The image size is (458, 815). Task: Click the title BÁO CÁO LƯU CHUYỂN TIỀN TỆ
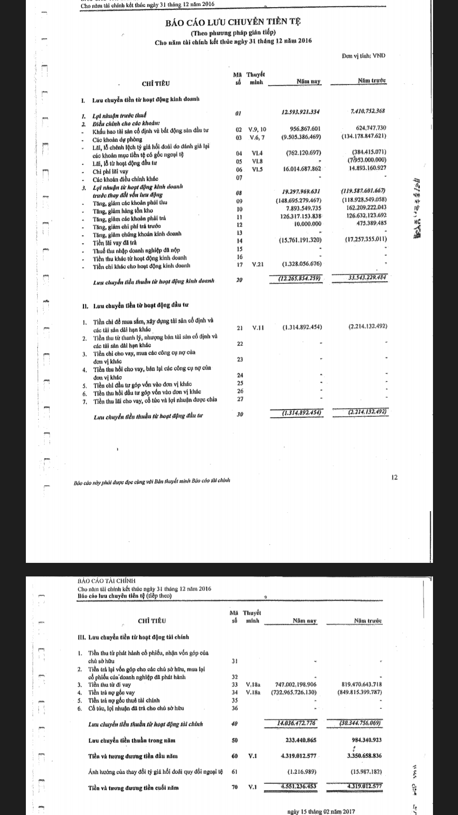point(234,22)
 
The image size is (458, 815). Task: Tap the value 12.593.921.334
point(301,112)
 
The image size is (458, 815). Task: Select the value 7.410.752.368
point(368,111)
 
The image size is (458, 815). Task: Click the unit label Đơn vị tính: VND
point(363,56)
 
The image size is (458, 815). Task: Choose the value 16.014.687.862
point(302,169)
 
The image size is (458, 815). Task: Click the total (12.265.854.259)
point(299,278)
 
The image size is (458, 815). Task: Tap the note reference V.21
point(257,264)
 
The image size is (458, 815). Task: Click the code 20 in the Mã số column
point(239,280)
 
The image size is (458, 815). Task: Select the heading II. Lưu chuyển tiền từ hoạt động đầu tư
point(135,305)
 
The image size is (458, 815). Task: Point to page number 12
point(394,478)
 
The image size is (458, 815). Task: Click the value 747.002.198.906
point(296,685)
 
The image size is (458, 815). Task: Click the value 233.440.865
point(301,740)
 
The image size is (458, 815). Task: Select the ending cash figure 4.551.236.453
point(299,786)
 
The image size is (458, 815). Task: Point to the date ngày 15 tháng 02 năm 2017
point(321,811)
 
